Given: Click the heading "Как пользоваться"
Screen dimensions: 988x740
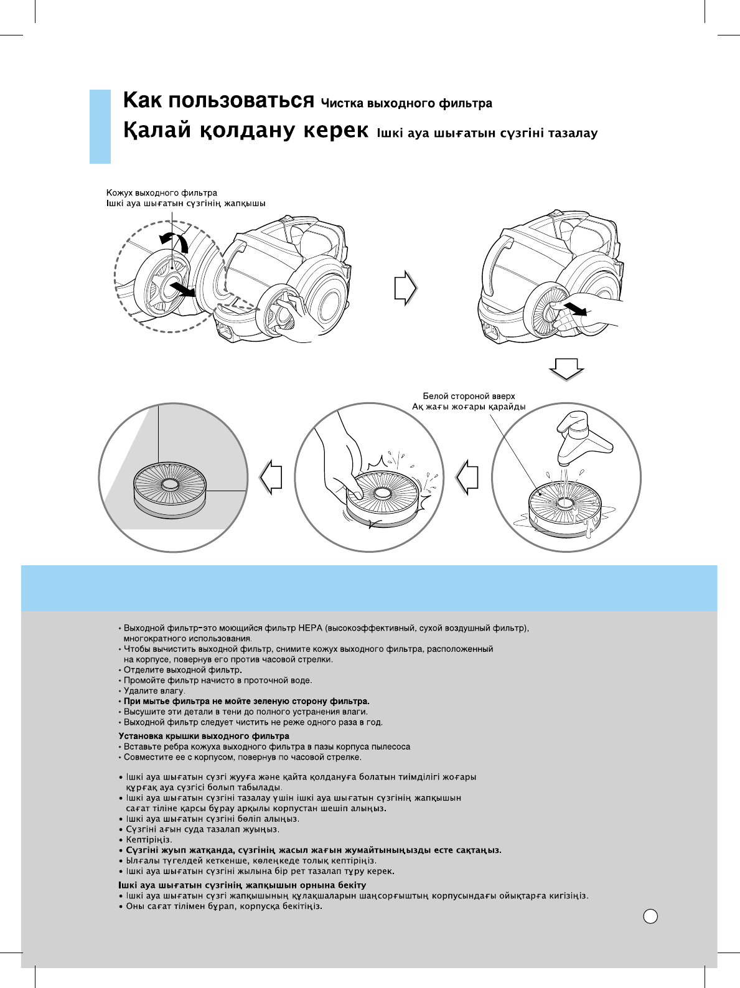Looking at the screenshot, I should click(x=218, y=100).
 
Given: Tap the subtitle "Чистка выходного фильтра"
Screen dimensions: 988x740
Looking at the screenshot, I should click(x=406, y=103).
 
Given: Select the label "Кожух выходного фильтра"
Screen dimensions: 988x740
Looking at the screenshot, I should click(x=162, y=193).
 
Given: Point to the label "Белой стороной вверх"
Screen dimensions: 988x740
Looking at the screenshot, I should click(x=469, y=396).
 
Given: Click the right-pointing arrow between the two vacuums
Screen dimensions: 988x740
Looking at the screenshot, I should click(x=405, y=288).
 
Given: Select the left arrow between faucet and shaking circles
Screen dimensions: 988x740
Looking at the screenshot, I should click(x=467, y=478).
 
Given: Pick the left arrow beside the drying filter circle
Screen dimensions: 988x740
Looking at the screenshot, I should click(x=271, y=478).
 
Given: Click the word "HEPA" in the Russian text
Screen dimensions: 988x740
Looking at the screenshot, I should click(x=310, y=628).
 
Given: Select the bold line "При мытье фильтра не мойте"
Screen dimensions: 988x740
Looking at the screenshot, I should click(x=246, y=701).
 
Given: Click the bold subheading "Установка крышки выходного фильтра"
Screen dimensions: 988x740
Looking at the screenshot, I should click(x=204, y=736).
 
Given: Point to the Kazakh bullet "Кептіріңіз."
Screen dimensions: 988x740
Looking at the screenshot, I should click(x=149, y=840).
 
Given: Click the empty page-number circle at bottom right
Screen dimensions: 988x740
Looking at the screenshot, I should click(x=650, y=916).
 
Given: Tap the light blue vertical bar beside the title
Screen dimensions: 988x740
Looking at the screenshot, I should click(x=100, y=126).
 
